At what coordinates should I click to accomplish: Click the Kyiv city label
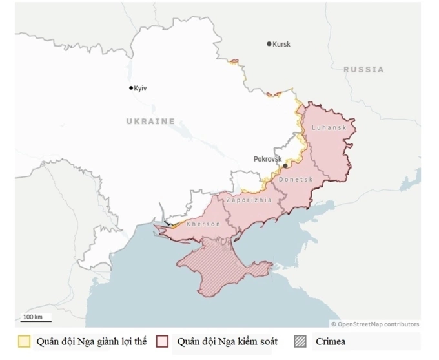click(141, 89)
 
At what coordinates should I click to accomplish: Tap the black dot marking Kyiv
click(131, 88)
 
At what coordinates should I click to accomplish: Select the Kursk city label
click(281, 45)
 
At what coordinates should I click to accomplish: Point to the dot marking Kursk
click(269, 44)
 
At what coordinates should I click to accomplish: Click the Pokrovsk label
click(268, 158)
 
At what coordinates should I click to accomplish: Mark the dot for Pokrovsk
click(285, 166)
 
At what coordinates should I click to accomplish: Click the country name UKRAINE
click(150, 121)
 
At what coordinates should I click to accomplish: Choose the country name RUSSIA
click(363, 69)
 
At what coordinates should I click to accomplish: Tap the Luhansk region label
click(329, 127)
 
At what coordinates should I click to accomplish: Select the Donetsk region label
click(296, 179)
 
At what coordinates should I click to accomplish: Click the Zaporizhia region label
click(249, 200)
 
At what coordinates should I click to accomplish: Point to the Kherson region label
click(203, 224)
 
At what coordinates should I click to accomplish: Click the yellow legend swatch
click(24, 341)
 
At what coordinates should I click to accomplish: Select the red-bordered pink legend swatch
click(163, 341)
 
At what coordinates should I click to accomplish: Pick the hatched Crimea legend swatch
click(301, 341)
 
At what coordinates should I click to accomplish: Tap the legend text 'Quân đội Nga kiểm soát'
click(227, 341)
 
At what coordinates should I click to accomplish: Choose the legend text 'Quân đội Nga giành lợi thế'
click(91, 341)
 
